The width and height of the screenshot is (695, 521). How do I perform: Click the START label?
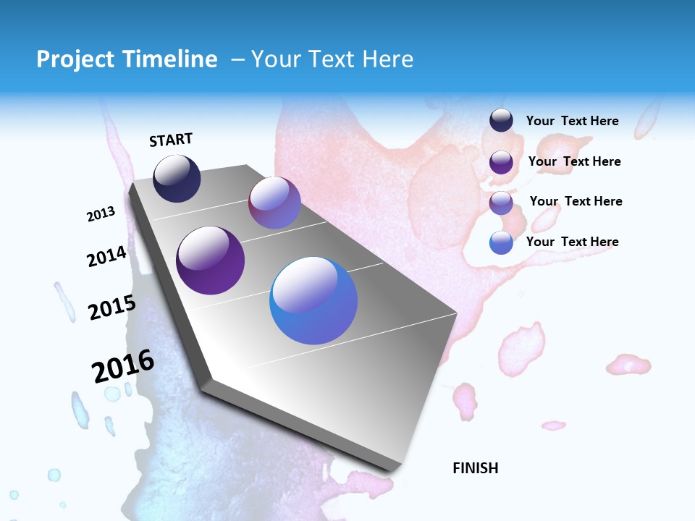(x=171, y=140)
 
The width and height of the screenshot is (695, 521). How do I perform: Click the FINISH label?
(x=476, y=468)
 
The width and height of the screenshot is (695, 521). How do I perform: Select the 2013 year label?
(x=101, y=214)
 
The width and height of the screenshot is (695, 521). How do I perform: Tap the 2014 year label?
(x=106, y=257)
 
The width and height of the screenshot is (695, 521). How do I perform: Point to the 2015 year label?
(x=111, y=307)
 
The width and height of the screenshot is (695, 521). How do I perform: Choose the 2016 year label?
(x=123, y=366)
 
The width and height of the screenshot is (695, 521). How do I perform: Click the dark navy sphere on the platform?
(x=177, y=179)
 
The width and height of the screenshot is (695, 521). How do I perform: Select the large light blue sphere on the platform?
(x=313, y=300)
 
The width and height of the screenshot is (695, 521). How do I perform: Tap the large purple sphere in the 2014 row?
(x=211, y=260)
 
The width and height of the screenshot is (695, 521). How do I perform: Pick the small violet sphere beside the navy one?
(x=274, y=203)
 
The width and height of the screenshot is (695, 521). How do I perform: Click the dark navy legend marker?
(x=501, y=121)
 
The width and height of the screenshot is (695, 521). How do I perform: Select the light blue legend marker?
(x=501, y=243)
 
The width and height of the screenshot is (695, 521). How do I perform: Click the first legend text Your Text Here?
(x=572, y=121)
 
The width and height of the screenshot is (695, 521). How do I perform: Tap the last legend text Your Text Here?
(x=572, y=242)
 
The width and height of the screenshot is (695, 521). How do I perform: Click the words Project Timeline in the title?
(x=127, y=59)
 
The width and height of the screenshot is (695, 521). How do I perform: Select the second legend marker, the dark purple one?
(x=501, y=162)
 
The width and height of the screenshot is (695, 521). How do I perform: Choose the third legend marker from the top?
(x=501, y=203)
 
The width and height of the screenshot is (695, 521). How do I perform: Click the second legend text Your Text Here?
(x=574, y=161)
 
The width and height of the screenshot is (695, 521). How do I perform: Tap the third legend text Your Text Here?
(x=576, y=201)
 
